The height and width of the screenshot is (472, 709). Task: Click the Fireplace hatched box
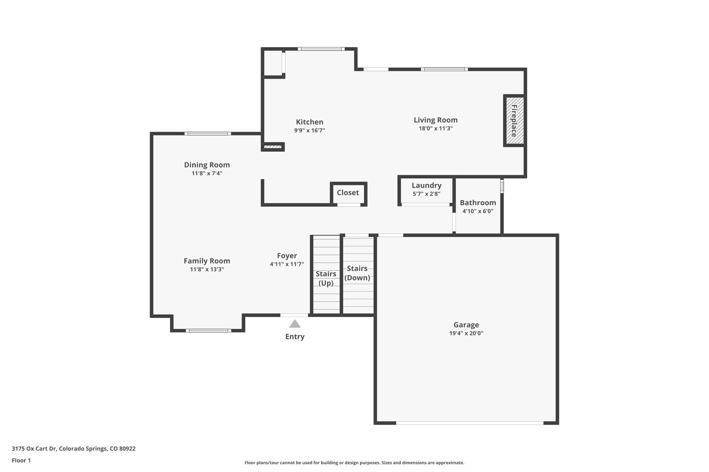pos(514,121)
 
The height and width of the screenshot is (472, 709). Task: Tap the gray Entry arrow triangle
pos(295,324)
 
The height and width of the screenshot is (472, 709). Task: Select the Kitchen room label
pos(309,122)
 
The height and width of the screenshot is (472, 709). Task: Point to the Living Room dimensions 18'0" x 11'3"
pos(436,129)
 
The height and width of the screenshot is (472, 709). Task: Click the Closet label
pos(348,193)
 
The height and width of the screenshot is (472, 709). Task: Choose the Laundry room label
pos(427,186)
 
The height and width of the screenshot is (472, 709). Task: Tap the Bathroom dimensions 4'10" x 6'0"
pos(478,211)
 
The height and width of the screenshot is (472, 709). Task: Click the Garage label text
pos(466,325)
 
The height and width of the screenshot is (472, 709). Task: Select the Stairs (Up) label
pos(326,278)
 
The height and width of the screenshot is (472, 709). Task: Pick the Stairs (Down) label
pos(357,273)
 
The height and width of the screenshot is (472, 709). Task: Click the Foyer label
pos(287,256)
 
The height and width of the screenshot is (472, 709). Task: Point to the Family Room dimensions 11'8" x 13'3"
pos(207,269)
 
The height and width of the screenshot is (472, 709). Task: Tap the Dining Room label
pos(207,165)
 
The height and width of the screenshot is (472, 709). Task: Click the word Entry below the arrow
pos(295,337)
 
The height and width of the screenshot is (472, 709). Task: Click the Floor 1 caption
pos(21,461)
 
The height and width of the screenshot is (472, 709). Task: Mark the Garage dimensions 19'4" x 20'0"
pos(466,333)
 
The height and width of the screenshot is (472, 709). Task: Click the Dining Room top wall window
pos(208,133)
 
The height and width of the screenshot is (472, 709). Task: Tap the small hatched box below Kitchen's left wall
pos(273,147)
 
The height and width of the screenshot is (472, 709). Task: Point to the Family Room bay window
pos(208,331)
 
